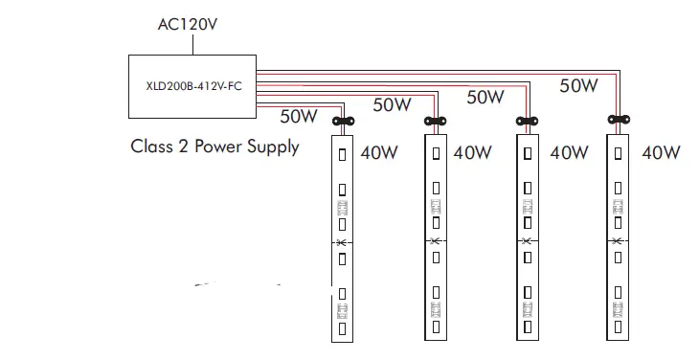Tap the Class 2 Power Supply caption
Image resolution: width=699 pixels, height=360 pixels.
click(x=214, y=146)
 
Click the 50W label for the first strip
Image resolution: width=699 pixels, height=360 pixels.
click(x=299, y=117)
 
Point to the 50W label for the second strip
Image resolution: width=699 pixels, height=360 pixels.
click(x=392, y=105)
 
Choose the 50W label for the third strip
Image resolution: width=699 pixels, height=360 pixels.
click(x=485, y=96)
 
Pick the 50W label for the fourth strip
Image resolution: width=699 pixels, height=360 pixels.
click(x=578, y=85)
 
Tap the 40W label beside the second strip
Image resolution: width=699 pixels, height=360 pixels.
click(x=473, y=152)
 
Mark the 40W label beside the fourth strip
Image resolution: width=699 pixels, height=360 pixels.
click(x=661, y=152)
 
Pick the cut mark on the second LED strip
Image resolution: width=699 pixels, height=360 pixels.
click(x=434, y=240)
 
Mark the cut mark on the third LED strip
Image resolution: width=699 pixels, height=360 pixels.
click(x=526, y=240)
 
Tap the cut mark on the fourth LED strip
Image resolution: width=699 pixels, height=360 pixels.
click(x=620, y=240)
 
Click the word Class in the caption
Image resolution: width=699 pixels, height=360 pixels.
click(x=151, y=146)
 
